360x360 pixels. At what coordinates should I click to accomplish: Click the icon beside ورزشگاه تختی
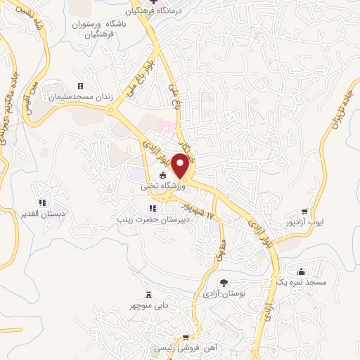163,176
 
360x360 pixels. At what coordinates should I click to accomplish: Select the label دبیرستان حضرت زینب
155,219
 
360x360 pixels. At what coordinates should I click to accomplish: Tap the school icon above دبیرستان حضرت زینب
153,208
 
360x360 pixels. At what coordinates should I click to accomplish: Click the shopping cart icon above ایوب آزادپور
304,211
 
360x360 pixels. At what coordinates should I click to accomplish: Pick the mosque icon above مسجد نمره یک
302,271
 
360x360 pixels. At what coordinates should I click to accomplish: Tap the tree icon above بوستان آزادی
224,282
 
